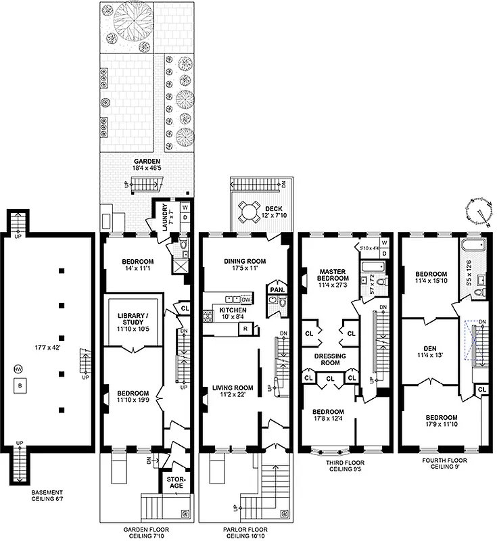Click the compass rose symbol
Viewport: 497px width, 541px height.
pyautogui.click(x=478, y=211)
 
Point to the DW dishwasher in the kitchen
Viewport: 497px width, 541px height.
pyautogui.click(x=245, y=299)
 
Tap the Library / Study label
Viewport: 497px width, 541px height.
pyautogui.click(x=133, y=321)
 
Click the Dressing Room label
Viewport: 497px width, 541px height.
pyautogui.click(x=329, y=359)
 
